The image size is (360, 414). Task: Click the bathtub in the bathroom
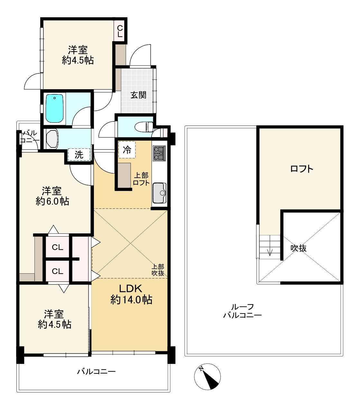54,108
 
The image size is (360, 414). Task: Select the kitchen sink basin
159,193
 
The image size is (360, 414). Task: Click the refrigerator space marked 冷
127,150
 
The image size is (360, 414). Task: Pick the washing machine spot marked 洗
79,155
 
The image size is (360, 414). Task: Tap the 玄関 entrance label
138,95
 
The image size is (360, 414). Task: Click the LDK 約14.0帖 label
131,294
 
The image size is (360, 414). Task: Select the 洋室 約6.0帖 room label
52,196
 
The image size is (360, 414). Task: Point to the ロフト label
301,168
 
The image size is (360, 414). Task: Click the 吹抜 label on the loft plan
299,248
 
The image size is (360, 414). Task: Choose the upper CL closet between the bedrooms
58,247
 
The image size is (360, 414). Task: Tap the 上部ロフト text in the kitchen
141,179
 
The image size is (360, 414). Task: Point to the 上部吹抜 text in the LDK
158,270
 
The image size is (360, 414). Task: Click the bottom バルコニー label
96,372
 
